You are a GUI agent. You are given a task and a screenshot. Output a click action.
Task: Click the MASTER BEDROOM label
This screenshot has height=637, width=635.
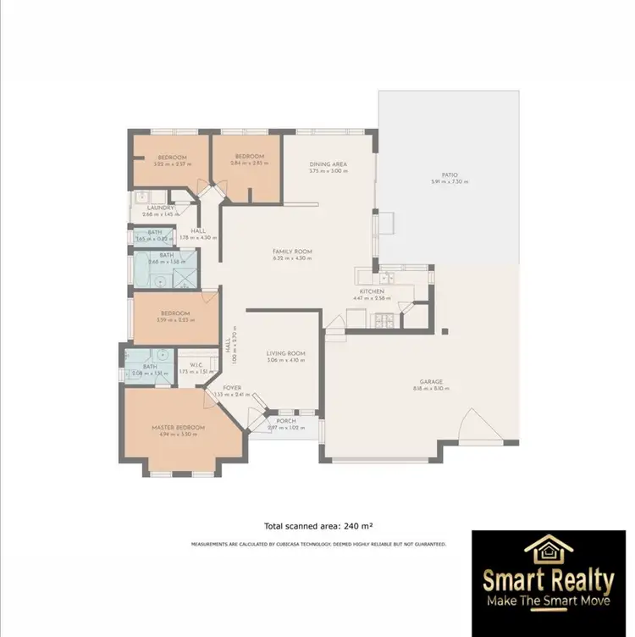(178, 428)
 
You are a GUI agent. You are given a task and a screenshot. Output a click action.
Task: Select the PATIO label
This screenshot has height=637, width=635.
(449, 175)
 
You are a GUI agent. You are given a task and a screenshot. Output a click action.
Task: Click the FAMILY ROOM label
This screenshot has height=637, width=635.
(292, 252)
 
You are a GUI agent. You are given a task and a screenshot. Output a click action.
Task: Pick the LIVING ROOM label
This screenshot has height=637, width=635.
(285, 353)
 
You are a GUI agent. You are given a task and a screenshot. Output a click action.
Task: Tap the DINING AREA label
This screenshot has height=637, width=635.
(329, 164)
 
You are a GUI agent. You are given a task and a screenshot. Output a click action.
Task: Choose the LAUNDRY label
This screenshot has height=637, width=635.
(160, 208)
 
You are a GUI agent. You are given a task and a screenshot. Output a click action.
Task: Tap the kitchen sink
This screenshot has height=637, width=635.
(386, 277)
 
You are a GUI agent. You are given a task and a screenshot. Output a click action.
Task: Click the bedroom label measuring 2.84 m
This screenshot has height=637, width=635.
(250, 157)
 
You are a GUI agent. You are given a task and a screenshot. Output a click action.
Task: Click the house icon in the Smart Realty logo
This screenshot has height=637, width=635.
(549, 551)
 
